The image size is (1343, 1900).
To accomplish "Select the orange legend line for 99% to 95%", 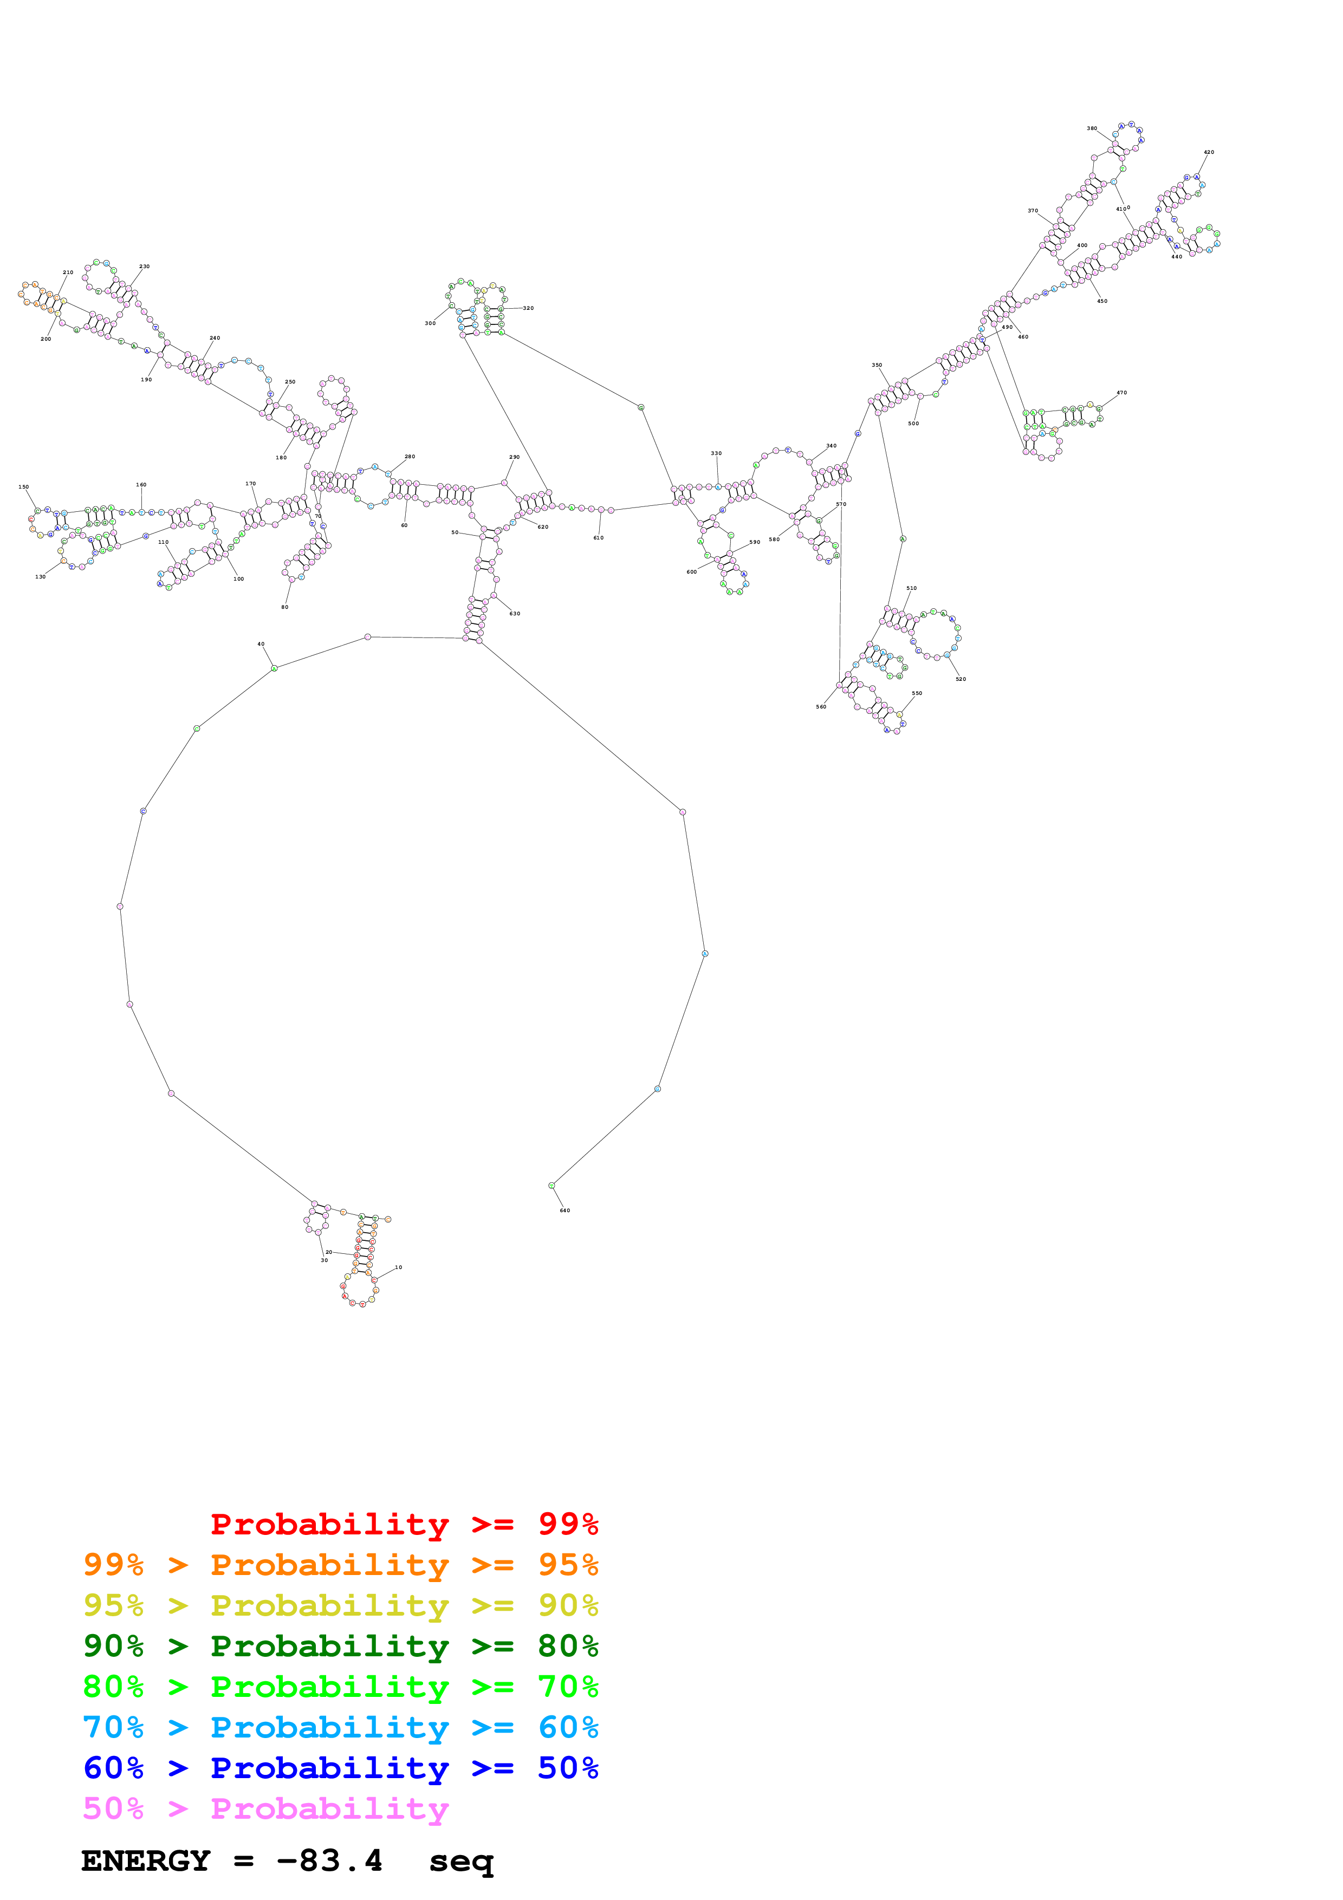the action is (x=340, y=1565).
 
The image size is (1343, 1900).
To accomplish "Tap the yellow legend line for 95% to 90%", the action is (x=340, y=1605).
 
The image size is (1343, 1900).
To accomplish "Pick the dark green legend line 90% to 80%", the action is (x=340, y=1646).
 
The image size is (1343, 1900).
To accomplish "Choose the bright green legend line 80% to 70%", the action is (x=340, y=1687).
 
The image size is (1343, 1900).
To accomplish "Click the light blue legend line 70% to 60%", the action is (x=340, y=1727).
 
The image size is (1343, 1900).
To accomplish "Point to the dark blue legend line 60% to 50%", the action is (x=340, y=1768).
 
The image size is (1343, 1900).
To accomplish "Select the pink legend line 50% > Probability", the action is (x=265, y=1808).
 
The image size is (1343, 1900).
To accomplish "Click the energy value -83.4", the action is (x=329, y=1861).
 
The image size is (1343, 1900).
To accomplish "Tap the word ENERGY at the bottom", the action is (x=146, y=1861).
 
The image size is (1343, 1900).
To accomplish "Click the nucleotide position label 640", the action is (x=565, y=1211).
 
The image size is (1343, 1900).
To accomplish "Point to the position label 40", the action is (x=261, y=644).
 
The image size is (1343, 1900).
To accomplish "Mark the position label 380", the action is (x=1092, y=128).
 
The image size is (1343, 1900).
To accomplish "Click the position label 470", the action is (x=1121, y=393).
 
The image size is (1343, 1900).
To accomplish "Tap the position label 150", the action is (x=23, y=487).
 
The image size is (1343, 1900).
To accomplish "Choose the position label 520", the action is (x=960, y=679).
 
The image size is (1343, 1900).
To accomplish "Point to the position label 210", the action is (x=68, y=272).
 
